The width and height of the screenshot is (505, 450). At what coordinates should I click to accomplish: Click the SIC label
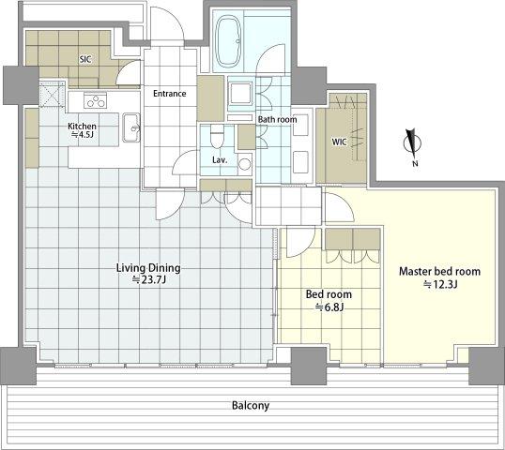point(85,59)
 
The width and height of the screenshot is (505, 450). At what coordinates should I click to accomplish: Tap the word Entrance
point(169,94)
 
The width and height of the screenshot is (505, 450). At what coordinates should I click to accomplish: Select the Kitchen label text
point(82,127)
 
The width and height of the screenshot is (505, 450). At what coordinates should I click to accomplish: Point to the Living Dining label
point(148,268)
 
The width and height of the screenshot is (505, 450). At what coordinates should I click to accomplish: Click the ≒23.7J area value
point(149,279)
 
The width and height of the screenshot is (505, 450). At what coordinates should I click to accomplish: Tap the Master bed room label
point(439,272)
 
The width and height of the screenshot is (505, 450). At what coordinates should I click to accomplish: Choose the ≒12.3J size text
point(440,284)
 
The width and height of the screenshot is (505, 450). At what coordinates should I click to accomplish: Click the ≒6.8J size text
point(329,307)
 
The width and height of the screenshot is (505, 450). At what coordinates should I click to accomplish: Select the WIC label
point(339,142)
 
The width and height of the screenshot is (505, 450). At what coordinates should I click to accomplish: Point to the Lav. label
point(220,160)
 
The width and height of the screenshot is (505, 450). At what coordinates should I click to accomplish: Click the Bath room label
point(277,120)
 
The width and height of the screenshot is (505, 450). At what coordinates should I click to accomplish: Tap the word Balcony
point(251,406)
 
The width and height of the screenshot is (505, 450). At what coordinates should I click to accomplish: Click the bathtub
point(228,41)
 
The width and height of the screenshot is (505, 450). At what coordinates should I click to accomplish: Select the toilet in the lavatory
point(217,137)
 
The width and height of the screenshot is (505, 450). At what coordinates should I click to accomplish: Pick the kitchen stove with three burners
point(95,99)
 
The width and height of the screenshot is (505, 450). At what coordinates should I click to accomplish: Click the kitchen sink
point(131,127)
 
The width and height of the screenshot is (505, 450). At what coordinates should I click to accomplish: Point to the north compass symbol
point(412,143)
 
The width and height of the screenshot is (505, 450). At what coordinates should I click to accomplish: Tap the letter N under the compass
point(415,163)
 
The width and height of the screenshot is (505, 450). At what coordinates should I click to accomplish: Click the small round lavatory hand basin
point(244,164)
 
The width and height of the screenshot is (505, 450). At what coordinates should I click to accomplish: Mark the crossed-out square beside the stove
point(53,95)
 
